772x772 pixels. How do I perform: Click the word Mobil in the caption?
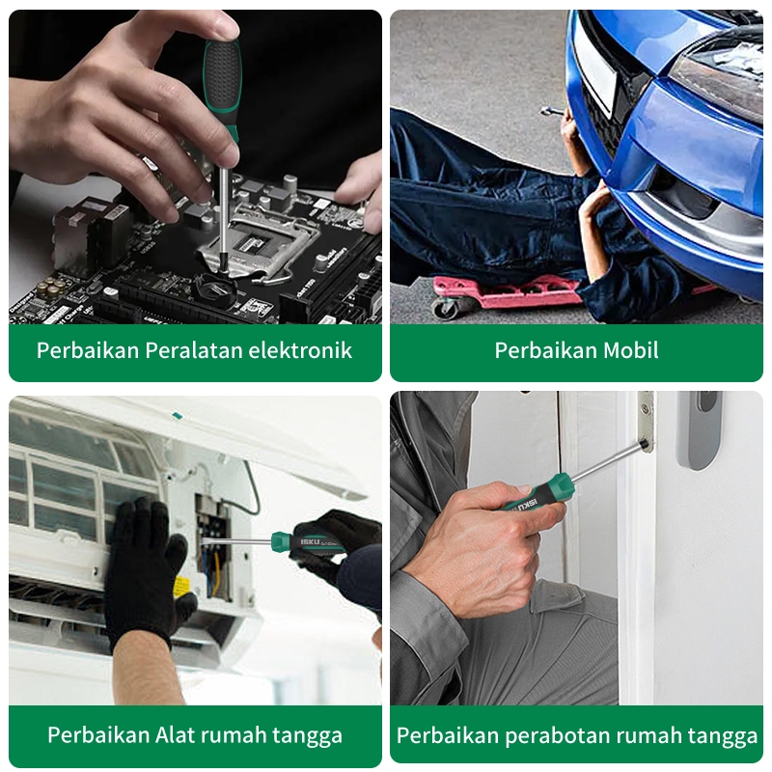coord(631,350)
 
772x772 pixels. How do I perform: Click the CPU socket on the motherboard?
coord(256,246)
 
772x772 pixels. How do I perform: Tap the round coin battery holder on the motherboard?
coord(215,290)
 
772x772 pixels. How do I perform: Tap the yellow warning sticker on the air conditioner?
coord(181,586)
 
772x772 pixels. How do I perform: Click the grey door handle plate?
coord(699,429)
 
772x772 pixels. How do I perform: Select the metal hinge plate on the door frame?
coord(646,422)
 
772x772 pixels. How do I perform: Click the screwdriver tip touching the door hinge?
coord(644,444)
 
